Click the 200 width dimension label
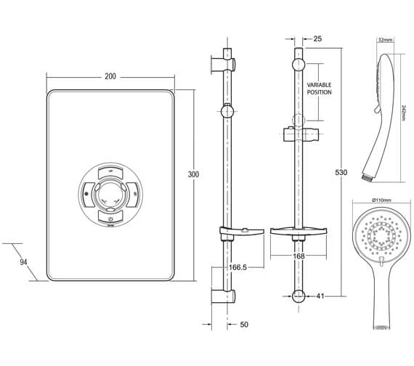pyautogui.click(x=110, y=76)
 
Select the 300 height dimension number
pyautogui.click(x=193, y=175)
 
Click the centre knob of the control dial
pyautogui.click(x=110, y=194)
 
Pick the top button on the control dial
pyautogui.click(x=110, y=171)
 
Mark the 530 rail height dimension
pyautogui.click(x=341, y=173)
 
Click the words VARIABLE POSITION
pyautogui.click(x=319, y=89)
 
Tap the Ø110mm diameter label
pyautogui.click(x=382, y=200)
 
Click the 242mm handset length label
pyautogui.click(x=404, y=113)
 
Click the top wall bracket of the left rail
pyautogui.click(x=225, y=57)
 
